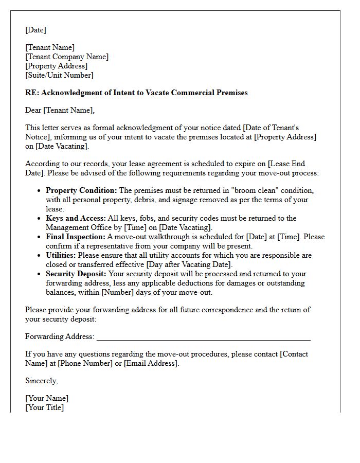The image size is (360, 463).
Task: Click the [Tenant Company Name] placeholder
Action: pos(67,57)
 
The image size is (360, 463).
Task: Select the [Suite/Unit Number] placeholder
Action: pos(59,76)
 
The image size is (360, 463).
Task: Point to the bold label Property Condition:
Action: pos(81,191)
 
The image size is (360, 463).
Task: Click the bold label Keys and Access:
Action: pos(76,219)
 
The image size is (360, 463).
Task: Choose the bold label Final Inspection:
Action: pos(75,237)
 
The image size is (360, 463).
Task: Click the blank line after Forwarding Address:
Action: pos(203,337)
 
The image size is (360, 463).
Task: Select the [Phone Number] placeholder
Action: pos(85,364)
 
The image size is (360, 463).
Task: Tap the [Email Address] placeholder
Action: pos(151,364)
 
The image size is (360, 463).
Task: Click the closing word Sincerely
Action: pos(41,381)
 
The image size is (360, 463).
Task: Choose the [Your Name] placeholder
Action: pos(47,399)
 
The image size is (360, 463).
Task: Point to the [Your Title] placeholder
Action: pos(45,408)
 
